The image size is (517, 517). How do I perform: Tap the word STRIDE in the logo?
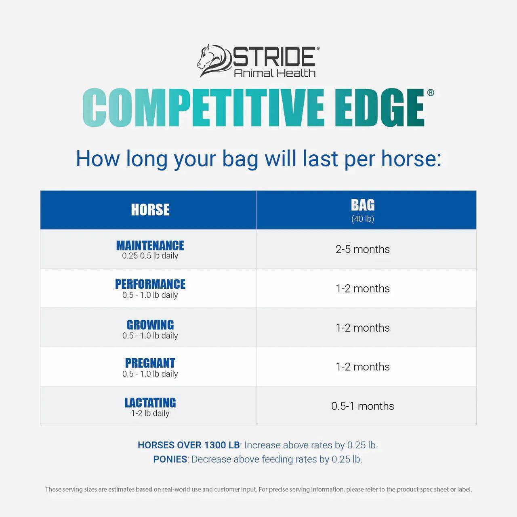point(274,57)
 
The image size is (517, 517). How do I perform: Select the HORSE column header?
point(150,210)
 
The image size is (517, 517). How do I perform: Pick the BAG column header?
point(363,205)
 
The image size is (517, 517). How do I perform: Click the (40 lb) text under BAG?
point(363,219)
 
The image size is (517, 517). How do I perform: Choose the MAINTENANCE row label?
point(150,246)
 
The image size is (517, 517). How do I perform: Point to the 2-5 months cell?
point(363,249)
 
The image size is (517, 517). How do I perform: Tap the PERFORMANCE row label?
point(150,284)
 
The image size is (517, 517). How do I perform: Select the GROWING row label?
point(150,325)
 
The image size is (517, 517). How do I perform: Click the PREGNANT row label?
point(150,363)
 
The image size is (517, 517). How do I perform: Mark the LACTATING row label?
point(150,403)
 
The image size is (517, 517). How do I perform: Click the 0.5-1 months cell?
point(363,406)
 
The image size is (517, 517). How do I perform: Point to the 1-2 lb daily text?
point(150,413)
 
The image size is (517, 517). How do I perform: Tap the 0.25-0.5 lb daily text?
point(150,256)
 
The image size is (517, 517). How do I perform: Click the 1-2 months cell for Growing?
point(363,328)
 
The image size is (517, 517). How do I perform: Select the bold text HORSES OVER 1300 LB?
point(189,445)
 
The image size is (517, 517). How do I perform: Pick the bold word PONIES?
point(170,459)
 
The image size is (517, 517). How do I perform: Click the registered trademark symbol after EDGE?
point(431,92)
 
